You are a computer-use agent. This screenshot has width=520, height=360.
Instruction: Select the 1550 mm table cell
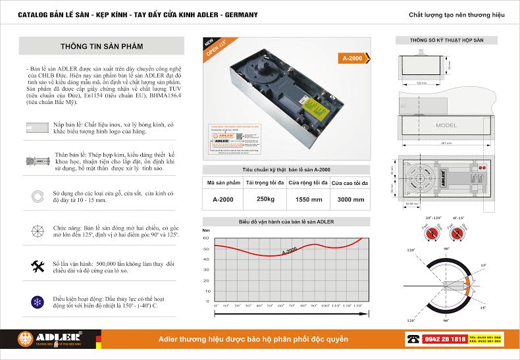[309, 199]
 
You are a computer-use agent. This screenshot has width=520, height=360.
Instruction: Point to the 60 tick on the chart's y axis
[207, 238]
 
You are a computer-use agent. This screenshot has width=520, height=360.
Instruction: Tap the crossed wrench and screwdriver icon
[37, 266]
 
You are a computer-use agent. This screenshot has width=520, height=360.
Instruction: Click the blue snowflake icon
[37, 302]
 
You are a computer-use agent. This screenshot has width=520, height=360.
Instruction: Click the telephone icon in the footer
[413, 339]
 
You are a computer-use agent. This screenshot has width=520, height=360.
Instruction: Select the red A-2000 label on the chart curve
[289, 249]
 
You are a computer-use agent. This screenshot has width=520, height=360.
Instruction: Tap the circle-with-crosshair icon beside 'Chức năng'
[37, 231]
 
